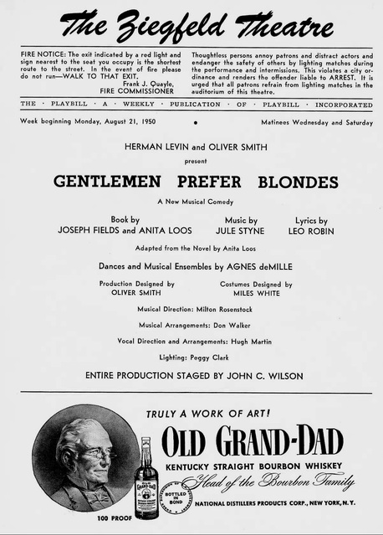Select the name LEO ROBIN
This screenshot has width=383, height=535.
tap(310, 230)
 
